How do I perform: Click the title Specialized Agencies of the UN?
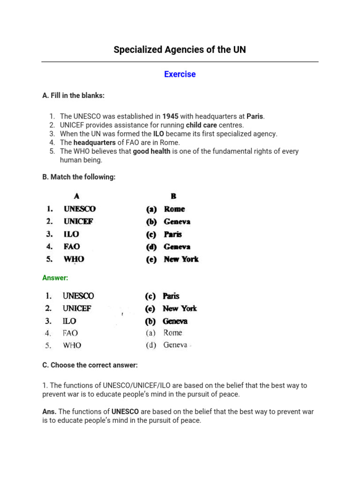(x=180, y=50)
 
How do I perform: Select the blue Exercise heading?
(x=180, y=74)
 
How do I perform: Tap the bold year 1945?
(x=170, y=116)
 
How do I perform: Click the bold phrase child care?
(x=201, y=125)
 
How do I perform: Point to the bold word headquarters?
(x=94, y=142)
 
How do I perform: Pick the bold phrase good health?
(x=151, y=151)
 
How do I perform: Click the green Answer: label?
(x=55, y=278)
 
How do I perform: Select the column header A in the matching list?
(x=76, y=196)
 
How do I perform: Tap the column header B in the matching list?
(x=173, y=196)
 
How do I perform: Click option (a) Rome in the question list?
(x=165, y=209)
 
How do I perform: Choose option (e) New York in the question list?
(x=172, y=259)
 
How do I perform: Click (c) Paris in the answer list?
(x=162, y=296)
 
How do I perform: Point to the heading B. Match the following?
(x=78, y=177)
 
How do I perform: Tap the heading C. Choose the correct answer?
(x=90, y=365)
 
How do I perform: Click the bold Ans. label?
(x=49, y=412)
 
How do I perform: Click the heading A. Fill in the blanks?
(x=73, y=96)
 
